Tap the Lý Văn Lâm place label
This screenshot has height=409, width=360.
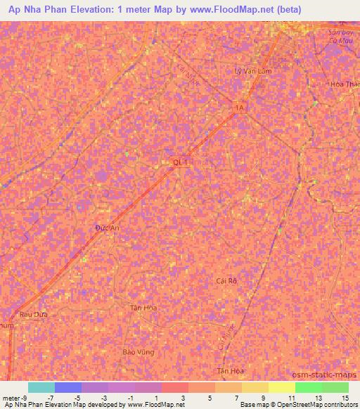(252, 71)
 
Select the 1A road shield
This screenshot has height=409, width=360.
(241, 107)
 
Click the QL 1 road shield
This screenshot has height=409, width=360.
(181, 162)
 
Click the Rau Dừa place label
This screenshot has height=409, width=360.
(33, 314)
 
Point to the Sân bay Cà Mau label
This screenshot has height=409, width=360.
(344, 36)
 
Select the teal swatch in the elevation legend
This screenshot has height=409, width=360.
(41, 387)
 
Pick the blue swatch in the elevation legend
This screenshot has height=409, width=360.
(68, 387)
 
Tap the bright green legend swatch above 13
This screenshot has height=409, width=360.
(308, 387)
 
